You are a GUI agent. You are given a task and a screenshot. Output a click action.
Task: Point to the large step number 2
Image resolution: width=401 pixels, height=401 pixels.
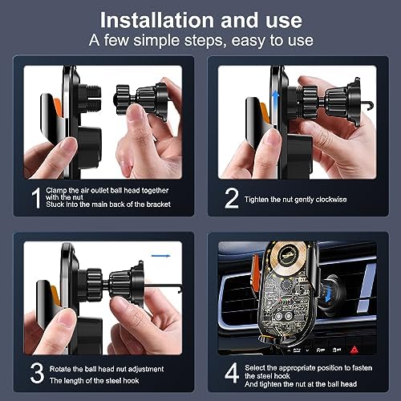pyautogui.click(x=231, y=197)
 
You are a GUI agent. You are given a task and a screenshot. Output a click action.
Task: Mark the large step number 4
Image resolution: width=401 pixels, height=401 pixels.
pyautogui.click(x=232, y=372)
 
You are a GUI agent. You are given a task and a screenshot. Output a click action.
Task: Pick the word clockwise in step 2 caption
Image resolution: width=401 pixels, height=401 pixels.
pyautogui.click(x=345, y=197)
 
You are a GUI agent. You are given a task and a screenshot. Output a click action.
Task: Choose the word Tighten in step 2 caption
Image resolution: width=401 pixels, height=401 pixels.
pyautogui.click(x=265, y=197)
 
